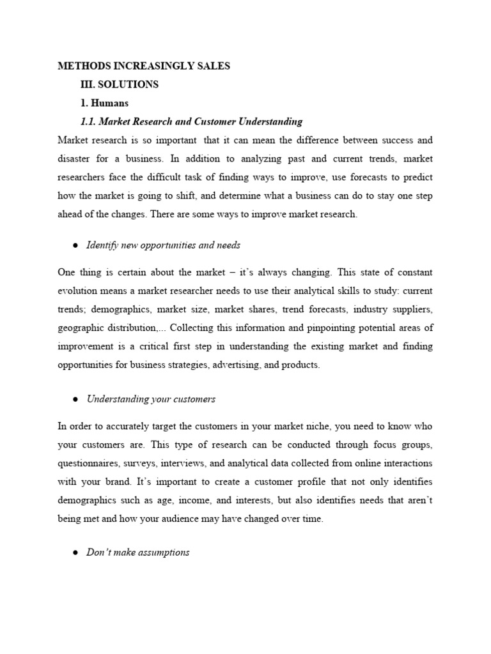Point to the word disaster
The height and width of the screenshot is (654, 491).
click(76, 158)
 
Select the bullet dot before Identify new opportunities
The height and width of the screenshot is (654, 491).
click(75, 245)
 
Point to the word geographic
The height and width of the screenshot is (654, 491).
click(80, 328)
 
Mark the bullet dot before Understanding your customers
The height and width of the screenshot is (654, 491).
click(75, 399)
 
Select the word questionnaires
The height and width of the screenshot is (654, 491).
click(90, 463)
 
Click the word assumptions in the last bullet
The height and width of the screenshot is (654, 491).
click(163, 552)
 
